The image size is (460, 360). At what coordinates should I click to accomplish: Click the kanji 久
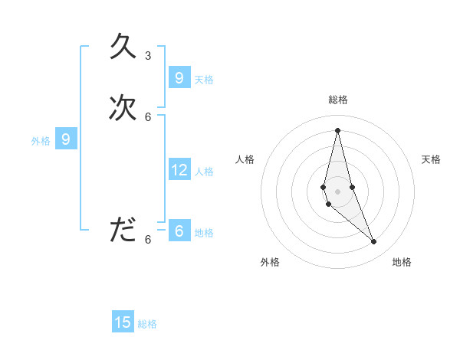pos(123,47)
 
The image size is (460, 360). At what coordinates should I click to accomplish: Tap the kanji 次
pos(123,108)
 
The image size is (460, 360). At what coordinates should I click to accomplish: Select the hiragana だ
pos(123,230)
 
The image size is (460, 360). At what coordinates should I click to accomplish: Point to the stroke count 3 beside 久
pos(148,56)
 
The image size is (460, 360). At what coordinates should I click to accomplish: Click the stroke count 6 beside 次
pos(148,116)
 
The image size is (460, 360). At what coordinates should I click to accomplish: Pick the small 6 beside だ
pos(148,239)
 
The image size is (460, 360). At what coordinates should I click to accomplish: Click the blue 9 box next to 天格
pos(179,78)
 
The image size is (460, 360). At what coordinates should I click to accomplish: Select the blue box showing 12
pos(179,170)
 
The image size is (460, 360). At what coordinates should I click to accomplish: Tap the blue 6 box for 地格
pos(179,231)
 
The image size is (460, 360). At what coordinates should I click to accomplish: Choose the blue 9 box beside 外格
pos(67,139)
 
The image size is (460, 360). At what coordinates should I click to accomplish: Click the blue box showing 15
pos(123,322)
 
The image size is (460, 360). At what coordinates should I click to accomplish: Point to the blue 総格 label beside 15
pos(147,324)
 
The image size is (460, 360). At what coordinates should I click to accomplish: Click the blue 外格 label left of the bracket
pos(41,141)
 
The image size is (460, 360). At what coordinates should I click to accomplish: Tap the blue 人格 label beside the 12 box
pos(205,172)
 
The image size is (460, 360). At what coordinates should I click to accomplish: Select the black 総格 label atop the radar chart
pos(338,100)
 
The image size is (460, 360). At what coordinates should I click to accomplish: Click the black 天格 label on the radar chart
pos(431,159)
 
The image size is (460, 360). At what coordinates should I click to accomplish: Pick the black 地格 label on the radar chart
pos(402,262)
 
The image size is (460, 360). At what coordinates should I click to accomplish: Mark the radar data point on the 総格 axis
pos(337,130)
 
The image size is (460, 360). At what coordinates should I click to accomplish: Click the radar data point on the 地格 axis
pos(374,242)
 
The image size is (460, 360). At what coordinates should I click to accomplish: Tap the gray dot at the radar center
pos(337,181)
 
